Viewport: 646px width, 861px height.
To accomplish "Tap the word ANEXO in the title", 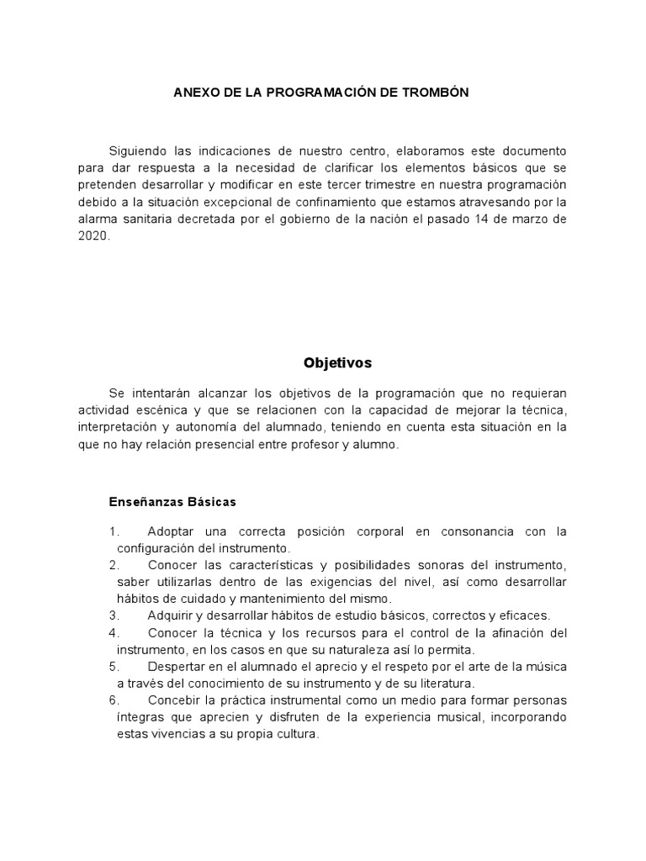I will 193,92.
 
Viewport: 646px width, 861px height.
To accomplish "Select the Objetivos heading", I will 337,363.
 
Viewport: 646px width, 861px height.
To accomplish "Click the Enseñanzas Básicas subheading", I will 172,502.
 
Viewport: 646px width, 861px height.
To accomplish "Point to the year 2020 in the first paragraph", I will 93,237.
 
